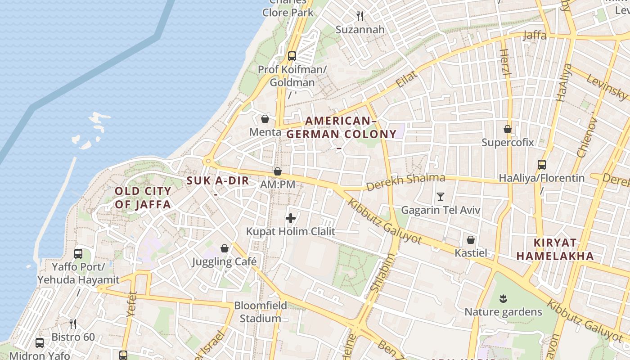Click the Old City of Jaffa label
(143, 198)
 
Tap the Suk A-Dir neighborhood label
(218, 181)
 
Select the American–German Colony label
(342, 127)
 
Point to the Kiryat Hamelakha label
(554, 249)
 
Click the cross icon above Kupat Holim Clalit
(291, 219)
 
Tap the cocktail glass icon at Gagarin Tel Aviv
(440, 197)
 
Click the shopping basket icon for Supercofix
(508, 129)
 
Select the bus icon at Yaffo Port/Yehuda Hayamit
(78, 254)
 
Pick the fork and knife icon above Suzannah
(360, 16)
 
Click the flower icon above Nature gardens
(503, 298)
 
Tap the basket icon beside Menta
(265, 119)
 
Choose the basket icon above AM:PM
(278, 171)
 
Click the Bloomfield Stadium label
(260, 312)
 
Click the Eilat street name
(406, 79)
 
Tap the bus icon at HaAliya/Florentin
(542, 165)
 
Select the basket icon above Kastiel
(471, 239)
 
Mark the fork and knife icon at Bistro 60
(73, 324)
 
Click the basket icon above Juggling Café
(224, 248)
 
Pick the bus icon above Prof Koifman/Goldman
(292, 56)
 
